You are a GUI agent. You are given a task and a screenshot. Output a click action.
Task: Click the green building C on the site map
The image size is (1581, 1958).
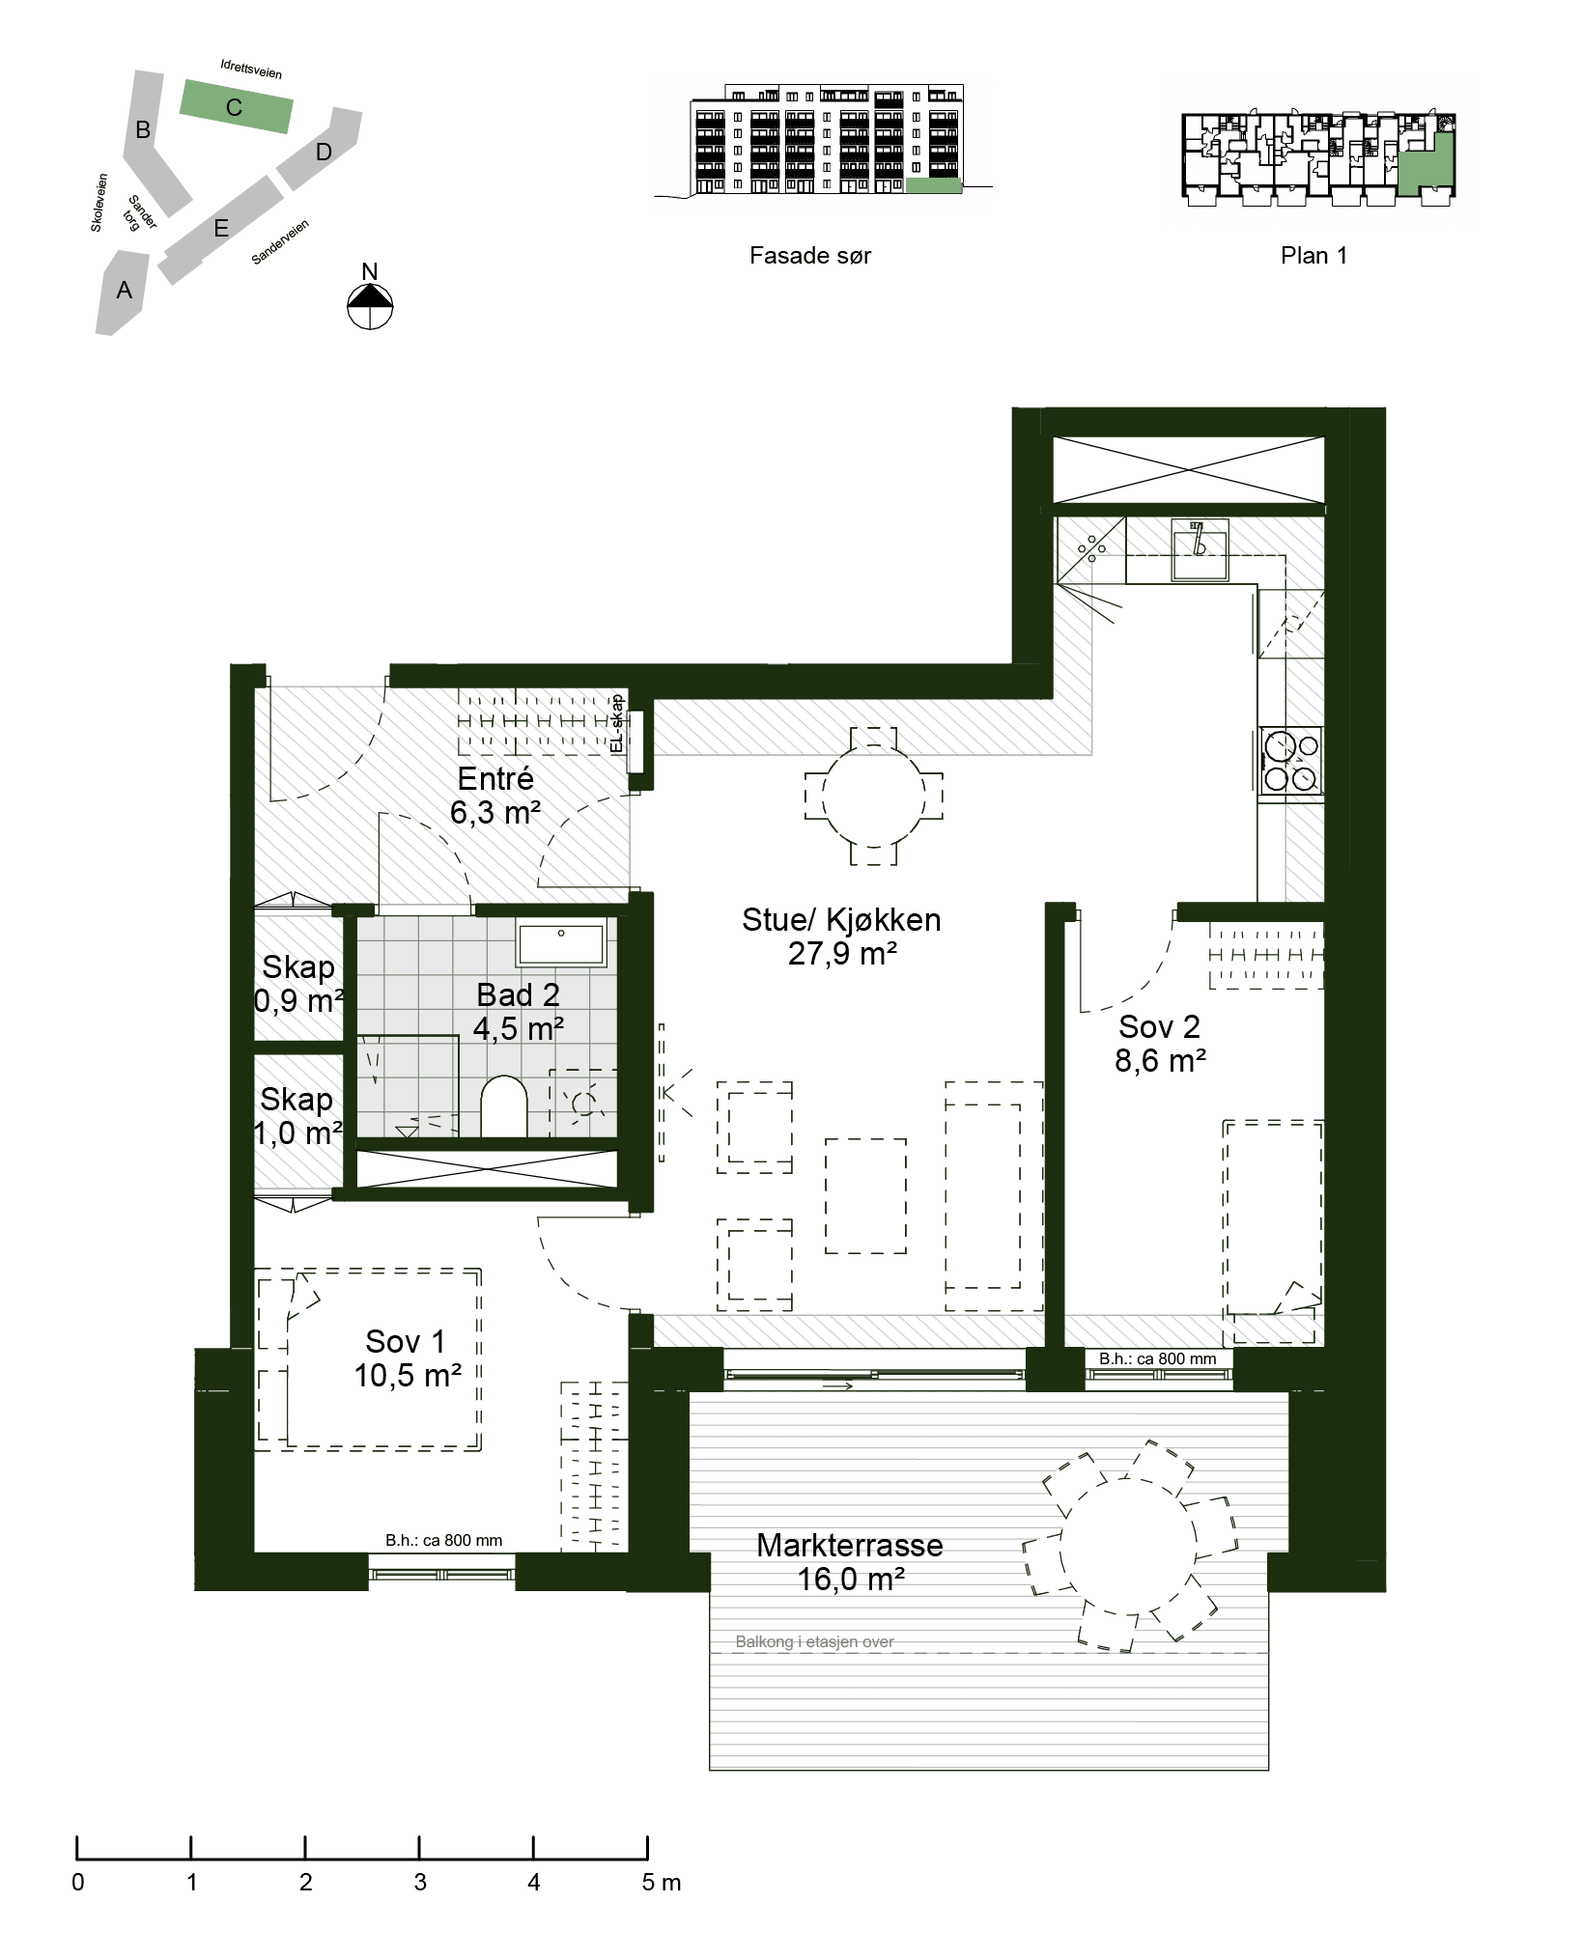coord(236,106)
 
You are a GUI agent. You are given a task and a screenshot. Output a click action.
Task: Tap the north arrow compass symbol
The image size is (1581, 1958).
coord(370,306)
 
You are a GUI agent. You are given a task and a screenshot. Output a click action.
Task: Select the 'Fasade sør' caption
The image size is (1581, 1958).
coord(810,256)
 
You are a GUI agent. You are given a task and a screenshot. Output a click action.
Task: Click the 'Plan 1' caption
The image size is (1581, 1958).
coord(1313,256)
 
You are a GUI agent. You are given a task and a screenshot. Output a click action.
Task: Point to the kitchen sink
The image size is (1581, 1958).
coord(1200,548)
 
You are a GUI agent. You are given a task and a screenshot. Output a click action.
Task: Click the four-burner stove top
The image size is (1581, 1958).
coord(1291,761)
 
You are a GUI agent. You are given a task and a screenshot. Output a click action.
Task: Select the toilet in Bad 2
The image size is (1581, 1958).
coord(504,1106)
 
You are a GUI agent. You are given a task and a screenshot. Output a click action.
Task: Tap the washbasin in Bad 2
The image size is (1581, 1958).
coord(561,944)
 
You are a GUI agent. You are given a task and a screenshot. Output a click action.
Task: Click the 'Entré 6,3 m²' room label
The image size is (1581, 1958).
coord(495,796)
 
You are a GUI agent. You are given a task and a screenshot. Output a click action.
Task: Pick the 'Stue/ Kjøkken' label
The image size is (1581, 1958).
coord(841,919)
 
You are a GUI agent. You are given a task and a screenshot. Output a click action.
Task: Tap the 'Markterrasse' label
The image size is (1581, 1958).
coord(850,1545)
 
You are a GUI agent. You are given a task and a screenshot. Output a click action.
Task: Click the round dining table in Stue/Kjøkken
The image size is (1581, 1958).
coord(873,797)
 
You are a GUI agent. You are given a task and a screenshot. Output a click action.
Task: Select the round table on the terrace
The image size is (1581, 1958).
coord(1128,1545)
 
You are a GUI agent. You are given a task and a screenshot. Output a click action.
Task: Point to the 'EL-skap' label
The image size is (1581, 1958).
coord(618,724)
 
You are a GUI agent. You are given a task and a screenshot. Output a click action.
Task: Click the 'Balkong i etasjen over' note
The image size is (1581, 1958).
coord(815,1641)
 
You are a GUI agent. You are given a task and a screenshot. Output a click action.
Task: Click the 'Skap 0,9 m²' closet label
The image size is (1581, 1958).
coord(298,983)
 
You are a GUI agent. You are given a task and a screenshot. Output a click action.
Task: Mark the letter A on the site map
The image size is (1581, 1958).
coord(124,290)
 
